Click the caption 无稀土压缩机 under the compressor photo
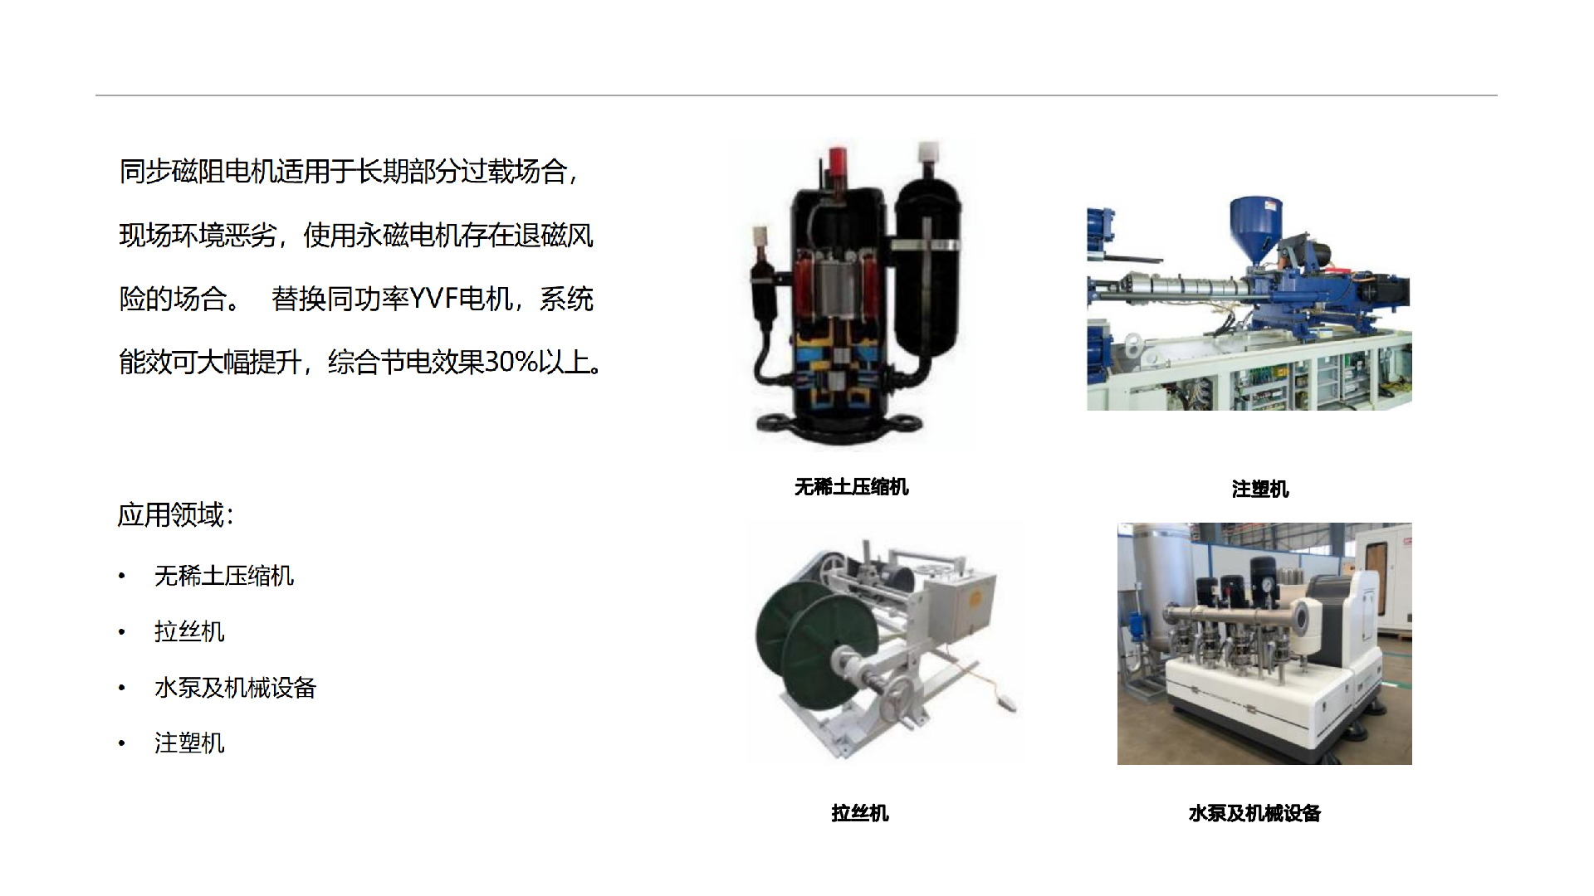[x=851, y=487]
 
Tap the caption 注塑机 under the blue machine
[x=1259, y=489]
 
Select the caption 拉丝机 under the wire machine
[x=860, y=813]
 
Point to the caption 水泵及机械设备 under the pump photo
[x=1254, y=813]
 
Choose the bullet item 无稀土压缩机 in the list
[x=224, y=576]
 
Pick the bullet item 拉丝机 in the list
[x=189, y=631]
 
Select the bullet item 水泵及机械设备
[x=235, y=688]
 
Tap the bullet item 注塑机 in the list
[x=189, y=743]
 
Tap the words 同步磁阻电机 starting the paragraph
[x=198, y=172]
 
